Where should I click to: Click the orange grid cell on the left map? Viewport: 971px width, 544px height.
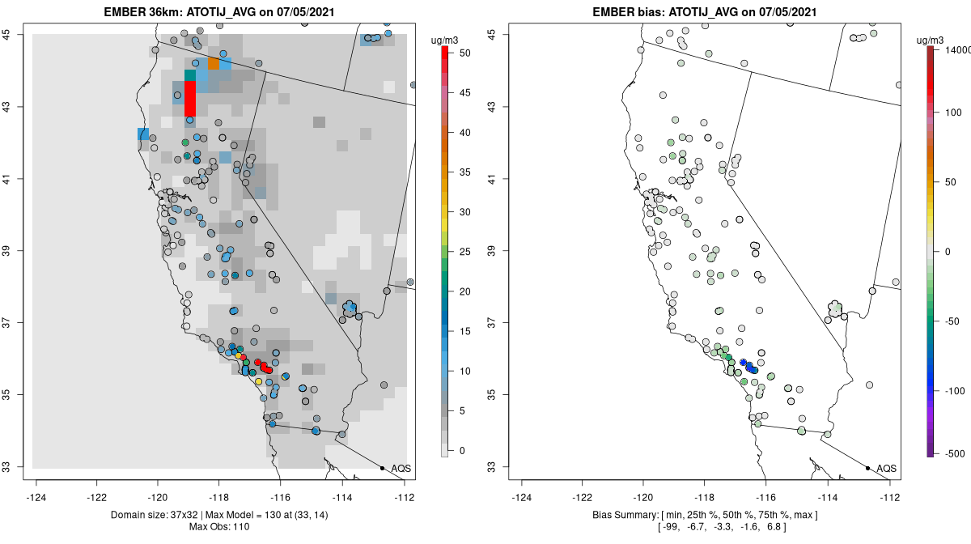(x=214, y=63)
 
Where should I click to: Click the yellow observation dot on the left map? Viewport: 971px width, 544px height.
(x=258, y=381)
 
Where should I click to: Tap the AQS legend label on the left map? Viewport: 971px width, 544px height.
(x=401, y=469)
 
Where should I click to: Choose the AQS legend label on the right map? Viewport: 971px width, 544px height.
(x=887, y=469)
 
